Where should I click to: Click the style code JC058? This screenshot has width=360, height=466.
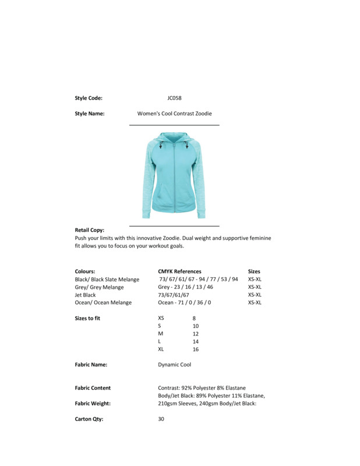pos(174,98)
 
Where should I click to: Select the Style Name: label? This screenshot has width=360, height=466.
pos(90,114)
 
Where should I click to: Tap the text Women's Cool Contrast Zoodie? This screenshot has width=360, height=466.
pos(174,114)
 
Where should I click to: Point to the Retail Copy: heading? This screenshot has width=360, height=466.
pos(90,230)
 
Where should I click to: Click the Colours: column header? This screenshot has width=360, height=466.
pos(85,271)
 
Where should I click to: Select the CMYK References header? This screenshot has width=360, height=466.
pos(179,271)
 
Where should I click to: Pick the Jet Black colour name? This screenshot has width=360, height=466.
pos(85,295)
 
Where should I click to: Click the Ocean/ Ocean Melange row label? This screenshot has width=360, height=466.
pos(103,303)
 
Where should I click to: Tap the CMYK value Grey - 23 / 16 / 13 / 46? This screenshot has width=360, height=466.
pos(185,287)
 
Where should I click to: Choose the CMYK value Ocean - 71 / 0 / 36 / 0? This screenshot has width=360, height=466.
pos(184,303)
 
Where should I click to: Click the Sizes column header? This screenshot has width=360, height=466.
pos(254,271)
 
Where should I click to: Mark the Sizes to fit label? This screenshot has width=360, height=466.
pos(87,319)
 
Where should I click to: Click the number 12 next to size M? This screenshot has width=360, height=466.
pos(196,334)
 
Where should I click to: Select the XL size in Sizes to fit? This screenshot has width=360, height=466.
pos(161,349)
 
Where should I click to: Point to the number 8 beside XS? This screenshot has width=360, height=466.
pos(194,319)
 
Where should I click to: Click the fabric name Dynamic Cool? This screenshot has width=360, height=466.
pos(174,365)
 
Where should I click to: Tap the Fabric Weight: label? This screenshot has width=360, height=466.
pos(93,403)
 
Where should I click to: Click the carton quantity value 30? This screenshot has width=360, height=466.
pos(161,419)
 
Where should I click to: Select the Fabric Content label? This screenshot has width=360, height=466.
pos(93,388)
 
